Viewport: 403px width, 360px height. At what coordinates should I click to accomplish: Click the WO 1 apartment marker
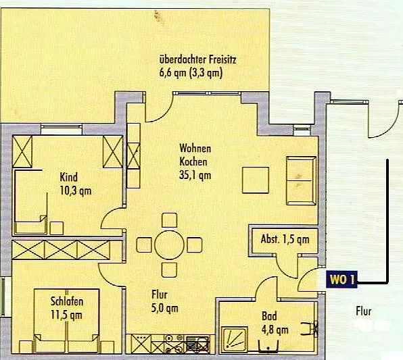[x=341, y=280]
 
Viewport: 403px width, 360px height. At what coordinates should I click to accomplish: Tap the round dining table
[x=169, y=245]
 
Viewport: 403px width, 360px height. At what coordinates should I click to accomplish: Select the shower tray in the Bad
[x=235, y=339]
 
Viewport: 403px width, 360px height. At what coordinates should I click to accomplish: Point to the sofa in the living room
[x=301, y=180]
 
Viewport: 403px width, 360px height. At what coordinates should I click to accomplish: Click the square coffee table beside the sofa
[x=256, y=180]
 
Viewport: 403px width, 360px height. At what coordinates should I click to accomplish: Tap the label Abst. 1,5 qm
[x=285, y=239]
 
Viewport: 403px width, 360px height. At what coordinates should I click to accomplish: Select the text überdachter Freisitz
[x=197, y=60]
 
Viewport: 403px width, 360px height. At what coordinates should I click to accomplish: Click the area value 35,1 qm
[x=195, y=176]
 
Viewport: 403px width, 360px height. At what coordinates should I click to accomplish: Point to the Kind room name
[x=68, y=177]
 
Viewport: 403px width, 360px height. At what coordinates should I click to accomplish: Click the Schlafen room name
[x=67, y=301]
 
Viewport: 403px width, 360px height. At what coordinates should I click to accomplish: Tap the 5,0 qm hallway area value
[x=164, y=309]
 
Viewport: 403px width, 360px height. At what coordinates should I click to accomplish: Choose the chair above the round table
[x=169, y=220]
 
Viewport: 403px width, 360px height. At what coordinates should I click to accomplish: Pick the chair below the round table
[x=169, y=270]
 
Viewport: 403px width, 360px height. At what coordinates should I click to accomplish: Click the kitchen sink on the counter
[x=197, y=343]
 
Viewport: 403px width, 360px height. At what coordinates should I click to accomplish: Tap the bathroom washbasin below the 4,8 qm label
[x=268, y=346]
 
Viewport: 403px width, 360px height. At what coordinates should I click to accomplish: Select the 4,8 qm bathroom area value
[x=275, y=330]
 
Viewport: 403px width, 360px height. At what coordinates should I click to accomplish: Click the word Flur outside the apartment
[x=363, y=311]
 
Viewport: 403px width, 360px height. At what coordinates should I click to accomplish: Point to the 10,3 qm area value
[x=75, y=191]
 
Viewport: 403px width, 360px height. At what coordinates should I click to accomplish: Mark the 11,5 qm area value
[x=66, y=315]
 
